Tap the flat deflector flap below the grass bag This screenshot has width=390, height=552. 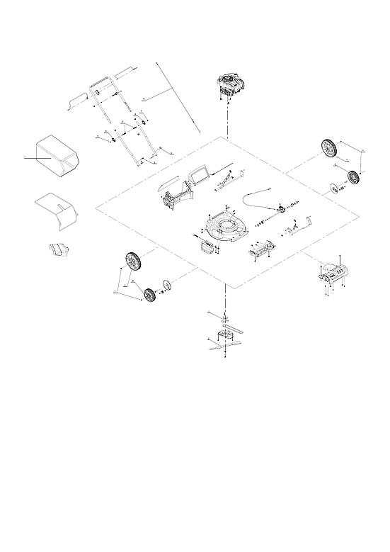tap(58, 210)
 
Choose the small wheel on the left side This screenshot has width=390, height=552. tap(149, 295)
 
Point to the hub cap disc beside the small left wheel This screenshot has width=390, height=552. tap(167, 286)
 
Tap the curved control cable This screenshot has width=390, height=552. tap(258, 194)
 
